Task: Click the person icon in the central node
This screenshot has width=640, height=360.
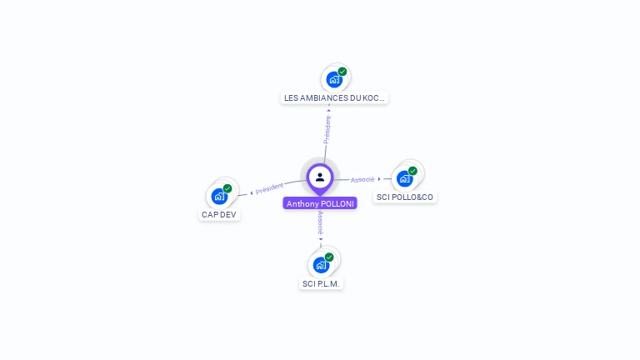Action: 320,177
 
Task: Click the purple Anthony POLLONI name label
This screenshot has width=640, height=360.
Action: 320,203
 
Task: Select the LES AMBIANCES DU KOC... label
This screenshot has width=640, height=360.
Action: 334,97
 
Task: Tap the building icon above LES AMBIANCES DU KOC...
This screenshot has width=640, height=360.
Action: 334,80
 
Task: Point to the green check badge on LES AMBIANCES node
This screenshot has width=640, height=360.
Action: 342,72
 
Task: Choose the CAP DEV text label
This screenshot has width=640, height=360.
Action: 219,214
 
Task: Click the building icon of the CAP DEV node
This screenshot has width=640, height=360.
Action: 219,197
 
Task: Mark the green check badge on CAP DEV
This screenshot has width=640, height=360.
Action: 227,188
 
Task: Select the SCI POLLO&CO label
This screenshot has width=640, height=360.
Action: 405,197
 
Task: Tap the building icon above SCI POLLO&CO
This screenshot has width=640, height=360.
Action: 405,178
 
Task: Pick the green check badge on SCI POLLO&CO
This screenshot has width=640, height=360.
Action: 412,171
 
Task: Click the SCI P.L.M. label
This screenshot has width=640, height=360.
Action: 322,283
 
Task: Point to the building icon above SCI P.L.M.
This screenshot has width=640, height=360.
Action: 321,266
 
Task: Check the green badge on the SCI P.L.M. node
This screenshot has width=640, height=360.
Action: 329,257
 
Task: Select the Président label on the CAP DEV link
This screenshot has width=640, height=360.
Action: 269,188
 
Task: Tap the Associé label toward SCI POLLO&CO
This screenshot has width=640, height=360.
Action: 362,179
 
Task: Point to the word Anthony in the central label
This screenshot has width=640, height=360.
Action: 302,203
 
